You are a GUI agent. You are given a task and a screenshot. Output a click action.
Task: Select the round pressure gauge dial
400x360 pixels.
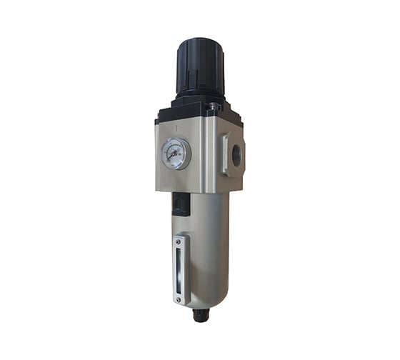click(176, 153)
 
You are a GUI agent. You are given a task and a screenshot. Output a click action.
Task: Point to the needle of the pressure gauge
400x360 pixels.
click(174, 151)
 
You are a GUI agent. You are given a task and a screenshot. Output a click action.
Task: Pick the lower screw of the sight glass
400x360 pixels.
click(179, 294)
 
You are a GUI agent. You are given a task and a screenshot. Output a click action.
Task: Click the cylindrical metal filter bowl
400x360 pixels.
click(207, 250)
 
